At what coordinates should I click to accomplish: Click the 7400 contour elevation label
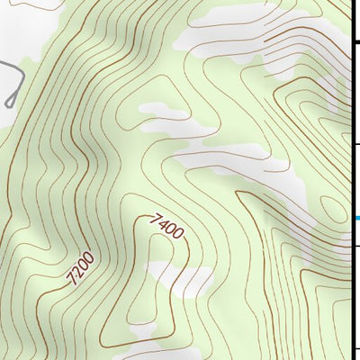(x=168, y=226)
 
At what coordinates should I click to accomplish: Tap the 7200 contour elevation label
(x=79, y=269)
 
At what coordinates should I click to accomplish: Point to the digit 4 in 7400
(x=167, y=225)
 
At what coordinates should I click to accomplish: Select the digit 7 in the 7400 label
(x=156, y=216)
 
